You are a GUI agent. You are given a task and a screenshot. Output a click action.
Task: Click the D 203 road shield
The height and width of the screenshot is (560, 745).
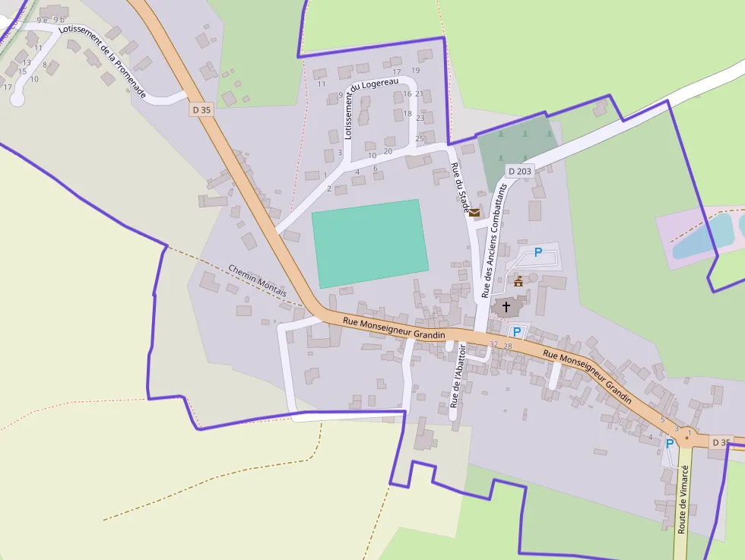click(520, 171)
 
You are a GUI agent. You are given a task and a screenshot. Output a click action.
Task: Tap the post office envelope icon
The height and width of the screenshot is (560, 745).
click(474, 213)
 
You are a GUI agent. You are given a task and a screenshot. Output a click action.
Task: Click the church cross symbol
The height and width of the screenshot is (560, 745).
click(507, 307)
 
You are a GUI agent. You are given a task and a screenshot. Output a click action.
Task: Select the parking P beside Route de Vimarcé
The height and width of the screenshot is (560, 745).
click(670, 443)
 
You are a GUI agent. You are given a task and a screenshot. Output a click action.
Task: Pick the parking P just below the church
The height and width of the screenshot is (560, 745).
click(517, 331)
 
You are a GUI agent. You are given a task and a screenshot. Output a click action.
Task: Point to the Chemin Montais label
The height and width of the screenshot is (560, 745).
click(258, 280)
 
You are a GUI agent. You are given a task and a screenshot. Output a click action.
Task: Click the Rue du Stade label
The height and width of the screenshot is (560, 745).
click(461, 188)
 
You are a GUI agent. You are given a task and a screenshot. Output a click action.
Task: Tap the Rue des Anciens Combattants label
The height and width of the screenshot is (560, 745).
click(493, 239)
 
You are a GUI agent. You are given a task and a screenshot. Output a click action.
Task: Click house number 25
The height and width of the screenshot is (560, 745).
click(420, 138)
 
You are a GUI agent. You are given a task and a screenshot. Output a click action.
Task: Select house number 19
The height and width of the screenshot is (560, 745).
click(415, 71)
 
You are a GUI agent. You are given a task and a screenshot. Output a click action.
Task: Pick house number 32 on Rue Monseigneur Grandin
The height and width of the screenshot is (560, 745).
click(493, 345)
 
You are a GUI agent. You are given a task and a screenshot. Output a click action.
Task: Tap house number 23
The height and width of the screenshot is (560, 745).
click(420, 119)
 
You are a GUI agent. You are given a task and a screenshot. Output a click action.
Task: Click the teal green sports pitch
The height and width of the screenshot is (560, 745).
click(370, 243)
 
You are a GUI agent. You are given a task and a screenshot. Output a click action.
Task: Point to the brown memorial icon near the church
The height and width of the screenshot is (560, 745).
click(518, 281)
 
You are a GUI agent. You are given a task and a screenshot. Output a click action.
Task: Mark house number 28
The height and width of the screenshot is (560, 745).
click(508, 346)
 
